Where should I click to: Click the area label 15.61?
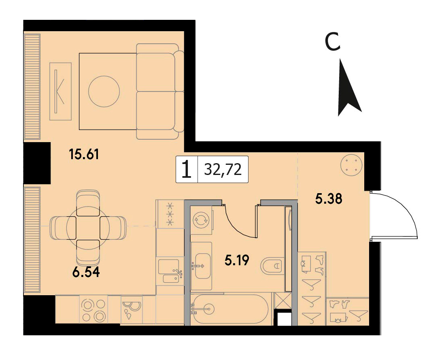[84, 155]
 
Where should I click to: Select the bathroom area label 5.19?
[237, 260]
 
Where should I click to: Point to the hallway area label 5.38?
[329, 199]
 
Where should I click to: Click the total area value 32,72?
[223, 169]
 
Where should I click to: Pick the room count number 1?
[187, 169]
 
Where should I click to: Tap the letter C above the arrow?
[332, 42]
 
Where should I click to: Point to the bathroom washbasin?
[202, 266]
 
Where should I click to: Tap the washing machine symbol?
[201, 220]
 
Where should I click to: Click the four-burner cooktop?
[93, 309]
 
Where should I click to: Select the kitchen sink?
[169, 271]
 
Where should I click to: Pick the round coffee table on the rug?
[104, 91]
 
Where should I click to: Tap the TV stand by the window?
[60, 91]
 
